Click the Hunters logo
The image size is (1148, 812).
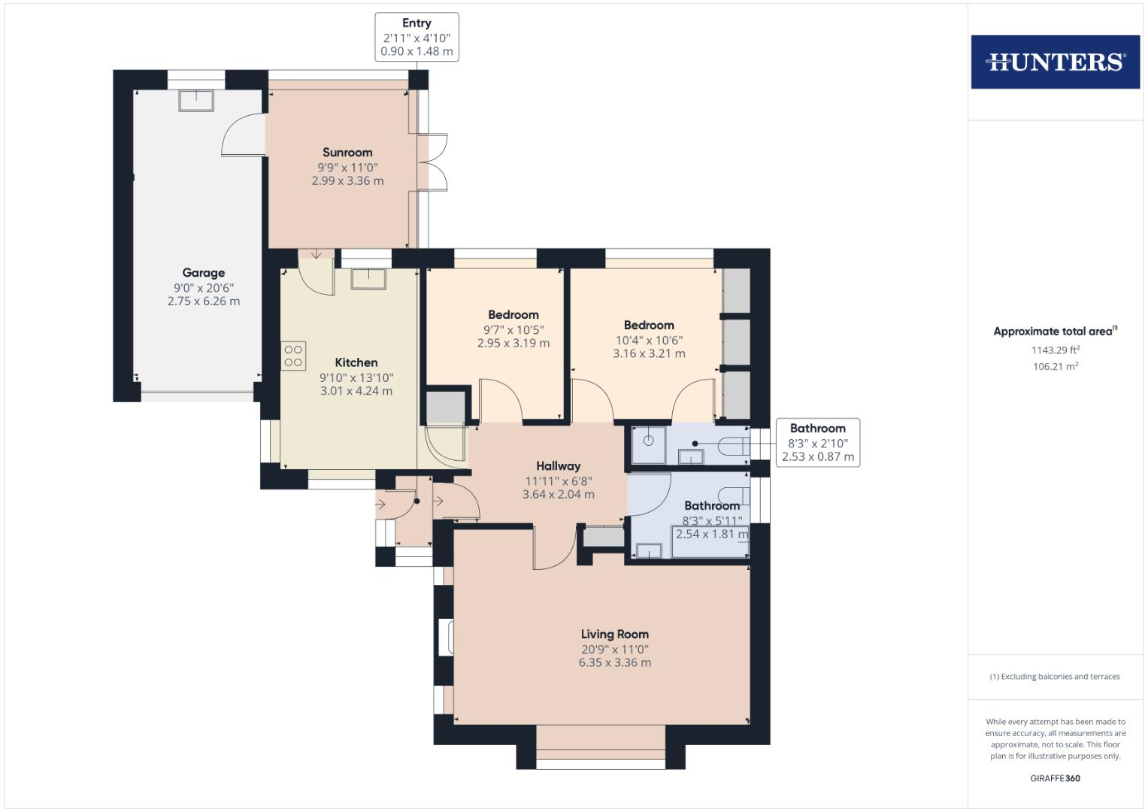tap(1055, 62)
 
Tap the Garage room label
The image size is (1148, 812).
tap(203, 273)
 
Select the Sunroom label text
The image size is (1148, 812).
tap(347, 153)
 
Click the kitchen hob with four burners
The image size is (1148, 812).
tap(293, 356)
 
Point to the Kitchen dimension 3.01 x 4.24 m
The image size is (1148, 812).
tap(356, 391)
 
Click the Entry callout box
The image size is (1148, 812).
tap(416, 37)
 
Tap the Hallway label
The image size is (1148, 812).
tap(558, 466)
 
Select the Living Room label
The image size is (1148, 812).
tap(614, 635)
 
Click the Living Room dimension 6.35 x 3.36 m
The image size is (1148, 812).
tap(614, 663)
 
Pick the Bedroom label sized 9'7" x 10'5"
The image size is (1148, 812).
tap(513, 315)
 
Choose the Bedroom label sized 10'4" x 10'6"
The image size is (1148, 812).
tap(649, 326)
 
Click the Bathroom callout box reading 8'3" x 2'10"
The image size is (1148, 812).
tap(817, 443)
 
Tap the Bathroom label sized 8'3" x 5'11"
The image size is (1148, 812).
tap(711, 506)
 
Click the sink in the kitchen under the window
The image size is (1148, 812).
tap(368, 278)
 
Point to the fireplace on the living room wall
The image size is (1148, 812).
tap(446, 636)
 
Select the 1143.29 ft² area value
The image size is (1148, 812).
tap(1055, 350)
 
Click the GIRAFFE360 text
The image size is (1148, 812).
tap(1055, 778)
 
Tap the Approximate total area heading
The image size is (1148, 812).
tap(1055, 332)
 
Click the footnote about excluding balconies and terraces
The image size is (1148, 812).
tap(1055, 677)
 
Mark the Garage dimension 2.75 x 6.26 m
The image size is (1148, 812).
tap(203, 301)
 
